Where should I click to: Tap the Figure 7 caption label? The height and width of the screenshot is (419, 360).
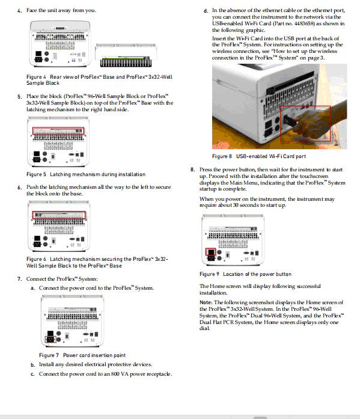[47, 355]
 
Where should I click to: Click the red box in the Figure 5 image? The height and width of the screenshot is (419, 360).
[58, 130]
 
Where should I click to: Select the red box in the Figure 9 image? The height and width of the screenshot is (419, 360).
[210, 252]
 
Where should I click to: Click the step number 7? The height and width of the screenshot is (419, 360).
[19, 278]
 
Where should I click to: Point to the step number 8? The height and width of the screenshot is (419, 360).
[192, 170]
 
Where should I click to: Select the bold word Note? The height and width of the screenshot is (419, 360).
[206, 302]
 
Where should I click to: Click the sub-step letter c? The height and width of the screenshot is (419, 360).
[32, 374]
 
